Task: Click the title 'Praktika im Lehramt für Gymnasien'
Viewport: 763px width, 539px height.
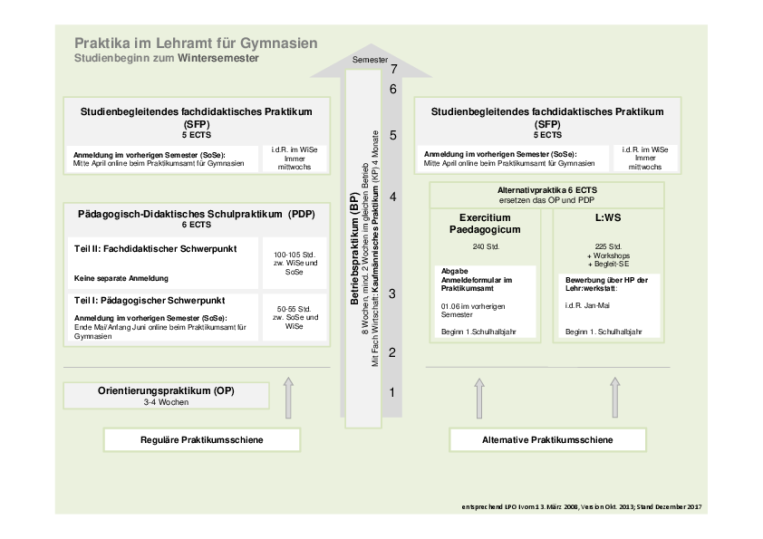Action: point(196,43)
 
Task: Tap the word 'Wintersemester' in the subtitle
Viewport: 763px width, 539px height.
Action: point(218,58)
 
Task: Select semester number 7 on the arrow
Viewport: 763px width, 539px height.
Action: point(393,69)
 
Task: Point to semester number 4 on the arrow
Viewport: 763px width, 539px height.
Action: point(392,197)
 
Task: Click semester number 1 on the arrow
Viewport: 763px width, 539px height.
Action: point(392,392)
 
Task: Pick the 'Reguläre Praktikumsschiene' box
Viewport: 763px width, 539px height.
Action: point(202,439)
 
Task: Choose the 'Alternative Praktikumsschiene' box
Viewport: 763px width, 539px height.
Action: point(547,439)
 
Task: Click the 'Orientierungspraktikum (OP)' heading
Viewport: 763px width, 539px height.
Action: point(166,390)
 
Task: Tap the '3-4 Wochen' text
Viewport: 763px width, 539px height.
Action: point(166,402)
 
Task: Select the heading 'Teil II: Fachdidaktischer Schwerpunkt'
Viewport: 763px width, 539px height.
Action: point(155,248)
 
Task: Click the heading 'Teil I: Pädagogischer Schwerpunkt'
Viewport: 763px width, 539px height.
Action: point(150,301)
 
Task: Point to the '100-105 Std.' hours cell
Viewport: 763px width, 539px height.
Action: point(295,264)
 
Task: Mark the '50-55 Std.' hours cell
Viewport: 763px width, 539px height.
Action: point(295,317)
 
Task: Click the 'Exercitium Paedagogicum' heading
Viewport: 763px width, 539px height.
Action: point(485,223)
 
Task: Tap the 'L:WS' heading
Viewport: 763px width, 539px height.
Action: point(608,217)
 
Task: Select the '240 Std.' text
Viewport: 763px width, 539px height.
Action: point(486,246)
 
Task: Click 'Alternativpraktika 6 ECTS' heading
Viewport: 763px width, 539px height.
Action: point(547,190)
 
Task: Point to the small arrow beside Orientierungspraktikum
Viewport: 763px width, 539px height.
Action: point(288,398)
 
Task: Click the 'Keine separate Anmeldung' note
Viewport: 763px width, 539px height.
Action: point(121,278)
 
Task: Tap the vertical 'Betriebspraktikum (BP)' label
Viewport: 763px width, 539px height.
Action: point(354,248)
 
